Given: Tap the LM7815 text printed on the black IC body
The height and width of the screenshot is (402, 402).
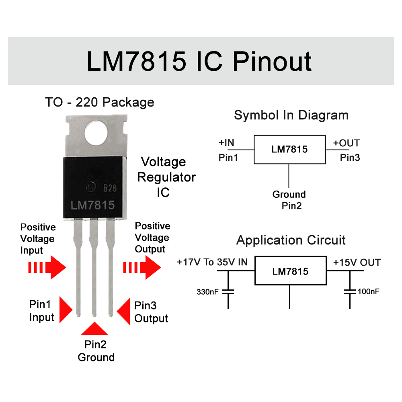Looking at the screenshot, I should [93, 205].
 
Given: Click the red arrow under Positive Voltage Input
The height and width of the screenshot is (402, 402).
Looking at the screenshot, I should [47, 268].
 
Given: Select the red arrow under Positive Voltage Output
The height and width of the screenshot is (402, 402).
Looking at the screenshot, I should [142, 267].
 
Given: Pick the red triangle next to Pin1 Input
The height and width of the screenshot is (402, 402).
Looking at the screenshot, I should [66, 310].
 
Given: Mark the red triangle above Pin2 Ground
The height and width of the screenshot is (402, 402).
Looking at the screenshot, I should [94, 329].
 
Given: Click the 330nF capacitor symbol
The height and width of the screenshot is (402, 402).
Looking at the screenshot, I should [228, 291].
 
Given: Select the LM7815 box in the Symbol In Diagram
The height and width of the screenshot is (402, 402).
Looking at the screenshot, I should [289, 150].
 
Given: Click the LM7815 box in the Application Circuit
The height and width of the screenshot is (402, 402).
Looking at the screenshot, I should [290, 271].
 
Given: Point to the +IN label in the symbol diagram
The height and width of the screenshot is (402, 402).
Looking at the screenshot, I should [226, 143].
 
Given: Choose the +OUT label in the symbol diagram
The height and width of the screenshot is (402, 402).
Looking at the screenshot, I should [346, 143].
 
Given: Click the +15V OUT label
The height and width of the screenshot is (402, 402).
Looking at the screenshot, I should [357, 263].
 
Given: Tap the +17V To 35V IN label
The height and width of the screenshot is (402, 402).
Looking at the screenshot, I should [212, 263].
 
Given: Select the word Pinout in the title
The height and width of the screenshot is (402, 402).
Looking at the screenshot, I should [272, 61].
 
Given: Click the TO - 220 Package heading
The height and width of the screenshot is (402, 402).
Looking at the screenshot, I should [99, 102].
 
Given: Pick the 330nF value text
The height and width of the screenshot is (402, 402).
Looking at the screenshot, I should [207, 291].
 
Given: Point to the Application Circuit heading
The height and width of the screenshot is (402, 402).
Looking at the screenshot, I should [291, 240].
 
